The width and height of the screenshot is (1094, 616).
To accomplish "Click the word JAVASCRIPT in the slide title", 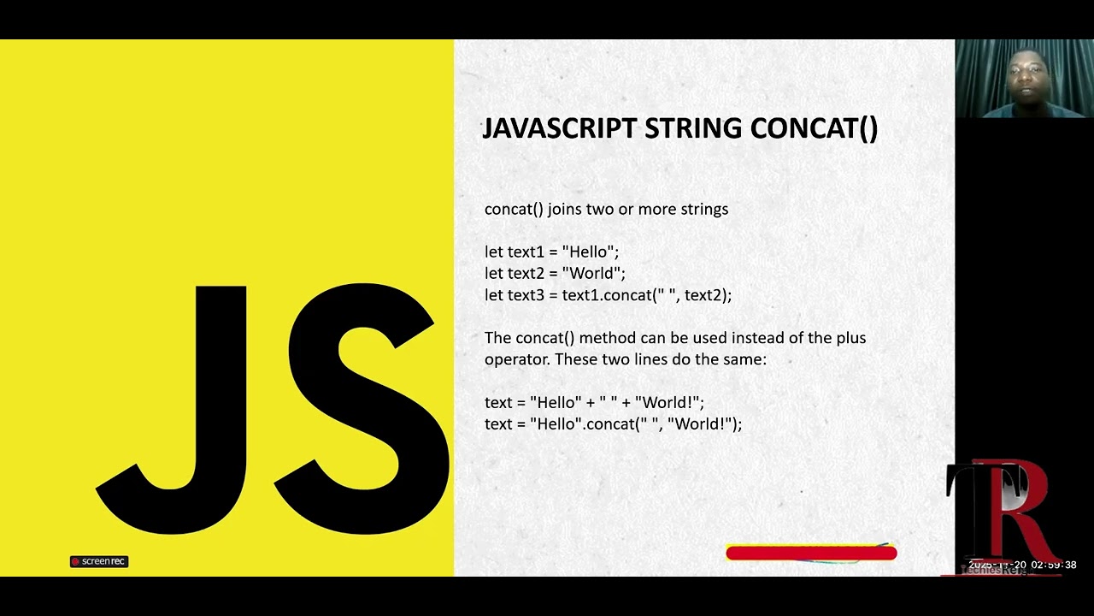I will (x=560, y=128).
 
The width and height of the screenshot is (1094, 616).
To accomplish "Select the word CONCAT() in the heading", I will (x=814, y=128).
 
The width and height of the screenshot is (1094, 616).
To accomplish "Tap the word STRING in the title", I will (x=693, y=128).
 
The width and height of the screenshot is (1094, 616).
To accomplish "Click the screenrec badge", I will (x=99, y=561).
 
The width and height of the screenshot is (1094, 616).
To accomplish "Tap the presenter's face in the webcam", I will (x=1023, y=75).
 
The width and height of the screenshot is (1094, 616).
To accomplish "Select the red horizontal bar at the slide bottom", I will (x=810, y=554).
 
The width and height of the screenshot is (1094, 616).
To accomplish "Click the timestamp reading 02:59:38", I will (x=1053, y=565).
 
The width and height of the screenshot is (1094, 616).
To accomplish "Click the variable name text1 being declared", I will (x=526, y=252).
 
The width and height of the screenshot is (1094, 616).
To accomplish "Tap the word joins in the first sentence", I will (x=565, y=210).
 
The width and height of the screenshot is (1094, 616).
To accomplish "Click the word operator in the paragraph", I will (x=517, y=360).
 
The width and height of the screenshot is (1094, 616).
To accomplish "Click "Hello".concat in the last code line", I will (x=584, y=424).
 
